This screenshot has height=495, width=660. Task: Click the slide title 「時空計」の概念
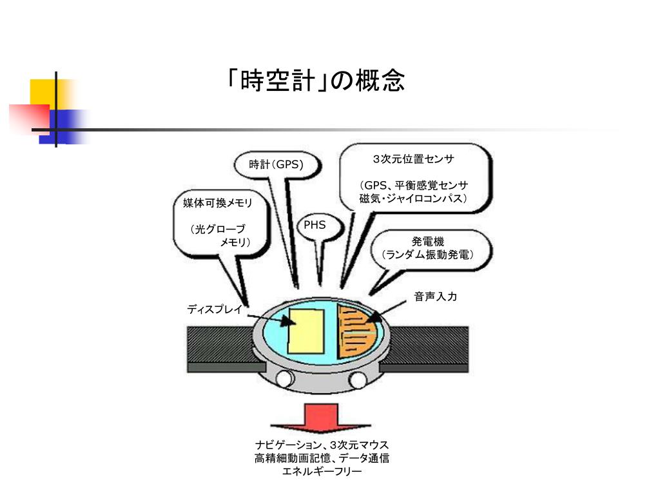(x=316, y=81)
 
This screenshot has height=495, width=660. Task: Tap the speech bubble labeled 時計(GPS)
(x=276, y=165)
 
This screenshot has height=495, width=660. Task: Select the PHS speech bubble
(x=315, y=226)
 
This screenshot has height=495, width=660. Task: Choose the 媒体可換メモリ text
(x=217, y=203)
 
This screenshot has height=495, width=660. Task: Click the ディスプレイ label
(x=215, y=309)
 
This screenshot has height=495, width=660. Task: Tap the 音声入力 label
(x=435, y=296)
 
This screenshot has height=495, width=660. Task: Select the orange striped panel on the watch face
(x=358, y=332)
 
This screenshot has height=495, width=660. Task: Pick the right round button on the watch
(x=358, y=379)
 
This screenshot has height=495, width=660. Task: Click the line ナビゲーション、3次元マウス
(x=322, y=445)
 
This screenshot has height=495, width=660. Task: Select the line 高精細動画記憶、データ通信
(x=322, y=458)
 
